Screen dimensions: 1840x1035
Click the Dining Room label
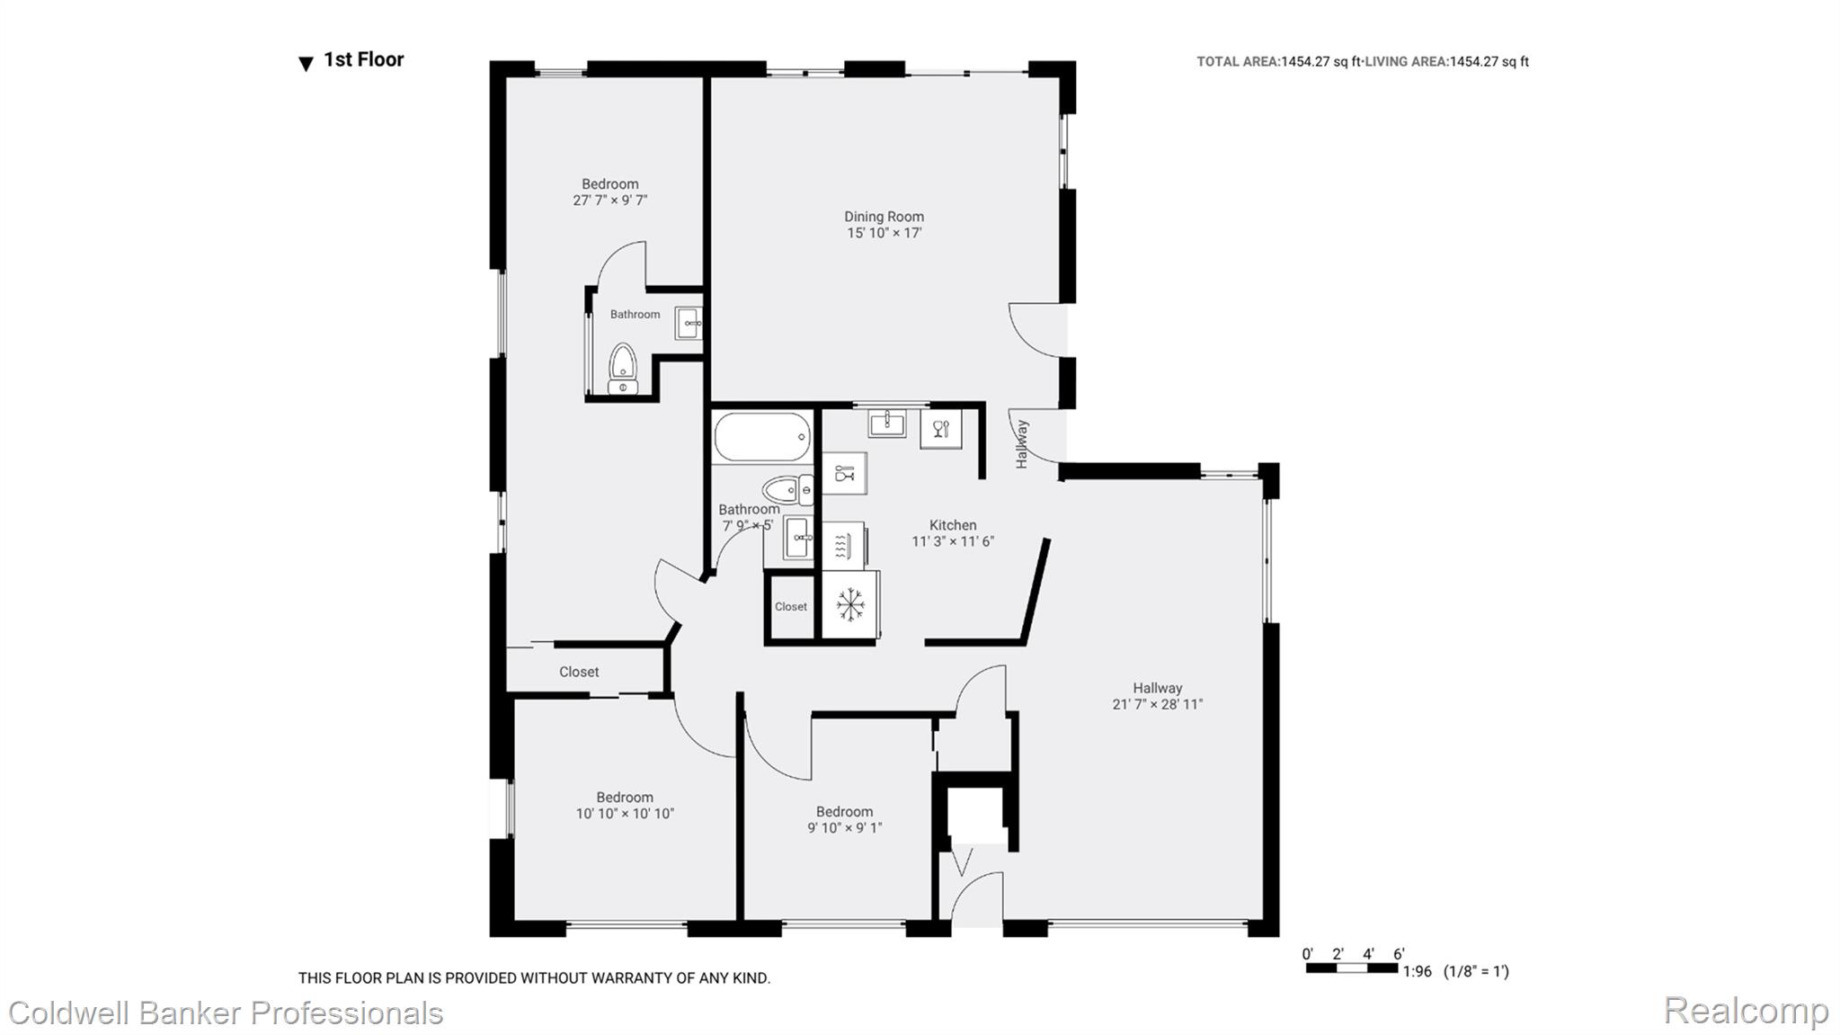point(884,217)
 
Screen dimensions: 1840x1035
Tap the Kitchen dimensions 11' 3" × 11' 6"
point(953,541)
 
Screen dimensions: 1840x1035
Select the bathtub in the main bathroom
point(762,438)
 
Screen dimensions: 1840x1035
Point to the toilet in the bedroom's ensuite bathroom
point(622,370)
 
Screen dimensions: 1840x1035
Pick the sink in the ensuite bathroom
point(689,323)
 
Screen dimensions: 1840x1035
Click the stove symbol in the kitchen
point(843,545)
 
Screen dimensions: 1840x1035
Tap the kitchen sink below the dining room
point(887,423)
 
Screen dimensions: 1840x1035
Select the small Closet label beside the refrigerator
point(791,607)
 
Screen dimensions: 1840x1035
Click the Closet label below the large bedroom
point(579,672)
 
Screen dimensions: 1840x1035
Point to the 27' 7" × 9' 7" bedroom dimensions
point(610,201)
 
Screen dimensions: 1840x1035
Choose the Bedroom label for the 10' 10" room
point(625,798)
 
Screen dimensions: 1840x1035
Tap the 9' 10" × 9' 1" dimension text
point(845,828)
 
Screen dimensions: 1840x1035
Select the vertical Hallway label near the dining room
point(1022,444)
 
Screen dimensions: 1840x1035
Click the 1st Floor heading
point(364,59)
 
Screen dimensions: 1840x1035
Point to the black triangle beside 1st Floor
point(306,64)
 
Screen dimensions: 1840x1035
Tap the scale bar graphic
point(1352,968)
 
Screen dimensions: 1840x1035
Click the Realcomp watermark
point(1746,1011)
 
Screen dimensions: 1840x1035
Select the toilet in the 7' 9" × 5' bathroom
point(787,490)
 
